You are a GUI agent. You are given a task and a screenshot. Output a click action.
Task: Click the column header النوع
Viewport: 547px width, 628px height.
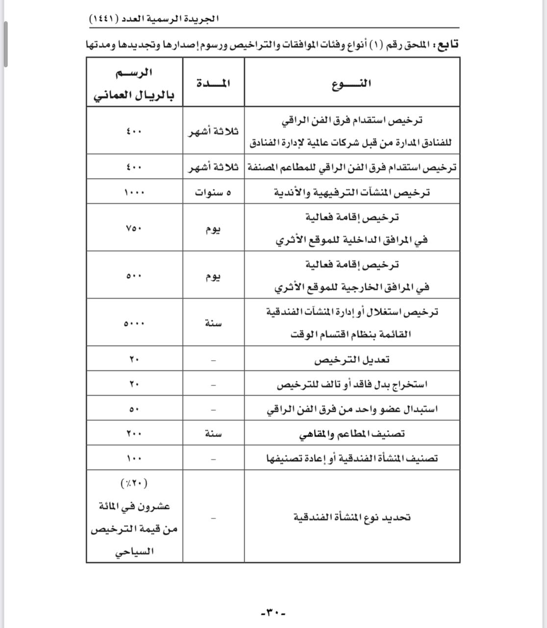pyautogui.click(x=351, y=83)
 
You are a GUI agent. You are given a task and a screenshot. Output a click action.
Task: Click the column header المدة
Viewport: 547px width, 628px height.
pyautogui.click(x=213, y=83)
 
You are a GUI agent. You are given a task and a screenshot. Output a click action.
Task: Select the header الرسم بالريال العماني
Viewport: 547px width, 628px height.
pyautogui.click(x=134, y=84)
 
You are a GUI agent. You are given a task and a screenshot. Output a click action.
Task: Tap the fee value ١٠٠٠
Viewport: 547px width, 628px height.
pyautogui.click(x=134, y=192)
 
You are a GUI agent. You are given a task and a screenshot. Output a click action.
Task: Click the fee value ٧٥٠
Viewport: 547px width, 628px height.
pyautogui.click(x=134, y=228)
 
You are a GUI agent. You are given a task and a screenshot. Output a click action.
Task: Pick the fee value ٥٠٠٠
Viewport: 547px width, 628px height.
pyautogui.click(x=134, y=324)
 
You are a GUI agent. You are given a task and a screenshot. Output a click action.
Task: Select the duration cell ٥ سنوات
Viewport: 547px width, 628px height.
pyautogui.click(x=213, y=192)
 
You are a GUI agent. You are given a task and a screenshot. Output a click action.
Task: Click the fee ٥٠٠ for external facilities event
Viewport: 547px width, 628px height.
pyautogui.click(x=134, y=276)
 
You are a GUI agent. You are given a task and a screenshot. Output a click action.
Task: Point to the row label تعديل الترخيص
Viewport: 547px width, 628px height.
pyautogui.click(x=351, y=360)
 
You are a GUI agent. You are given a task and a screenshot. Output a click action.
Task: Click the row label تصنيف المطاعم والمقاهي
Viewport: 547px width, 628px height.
pyautogui.click(x=351, y=434)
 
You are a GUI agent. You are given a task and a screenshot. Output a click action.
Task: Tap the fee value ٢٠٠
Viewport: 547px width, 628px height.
pyautogui.click(x=134, y=434)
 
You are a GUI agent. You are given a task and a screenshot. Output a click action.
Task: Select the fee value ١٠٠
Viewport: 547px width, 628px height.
pyautogui.click(x=134, y=458)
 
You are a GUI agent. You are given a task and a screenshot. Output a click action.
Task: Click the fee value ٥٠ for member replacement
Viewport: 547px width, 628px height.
pyautogui.click(x=134, y=409)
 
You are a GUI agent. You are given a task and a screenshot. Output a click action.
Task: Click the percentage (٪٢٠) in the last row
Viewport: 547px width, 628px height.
pyautogui.click(x=134, y=483)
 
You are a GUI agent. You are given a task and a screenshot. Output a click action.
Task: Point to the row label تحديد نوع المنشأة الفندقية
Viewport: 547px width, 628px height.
pyautogui.click(x=351, y=517)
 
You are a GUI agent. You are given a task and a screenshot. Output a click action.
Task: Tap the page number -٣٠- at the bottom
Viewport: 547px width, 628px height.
pyautogui.click(x=273, y=612)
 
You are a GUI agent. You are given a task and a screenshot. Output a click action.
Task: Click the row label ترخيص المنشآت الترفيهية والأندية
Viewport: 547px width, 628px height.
pyautogui.click(x=351, y=192)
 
